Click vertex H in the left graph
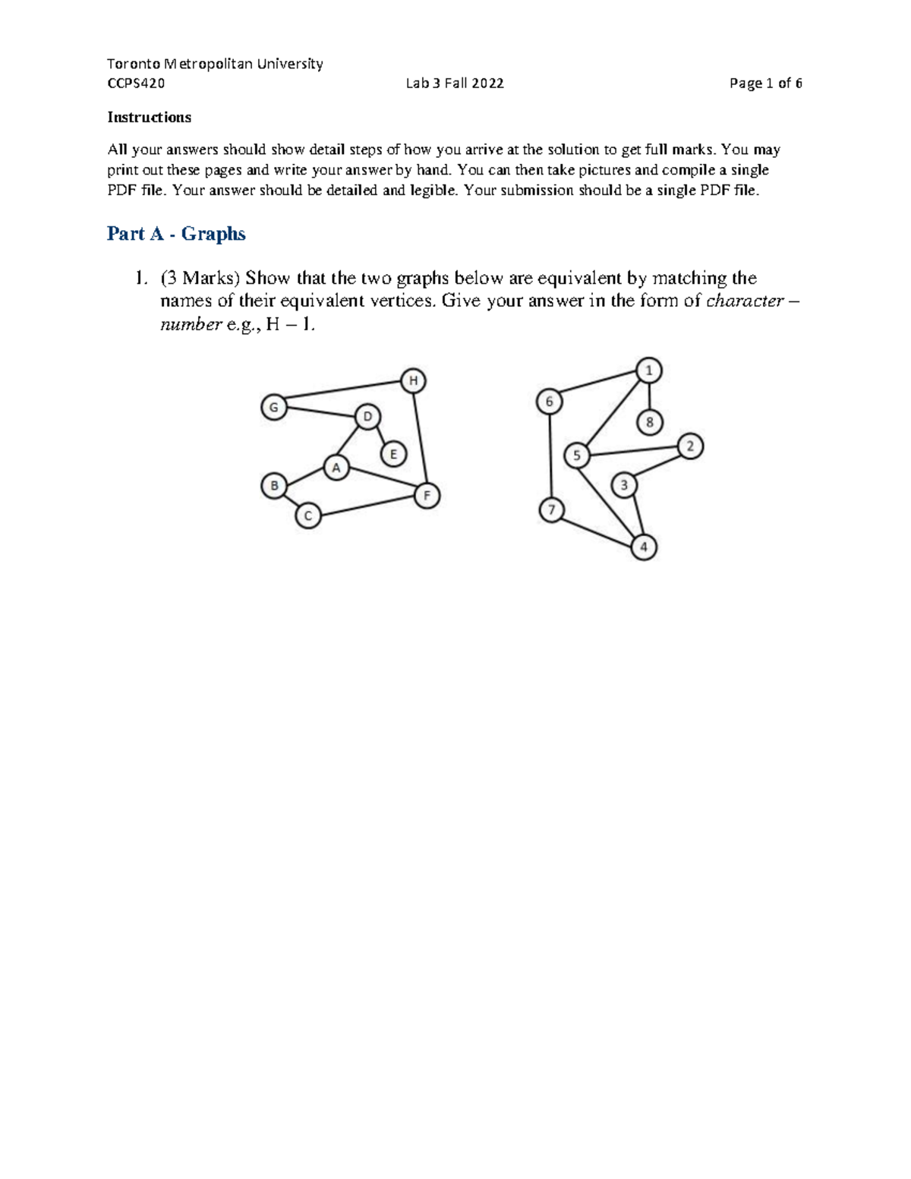[x=413, y=380]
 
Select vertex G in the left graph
[x=273, y=407]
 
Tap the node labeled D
[x=367, y=416]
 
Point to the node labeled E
[x=393, y=455]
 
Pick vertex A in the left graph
[x=336, y=468]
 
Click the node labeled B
[x=273, y=485]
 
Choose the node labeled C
[x=308, y=516]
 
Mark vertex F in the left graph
[x=427, y=496]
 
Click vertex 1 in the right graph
[x=648, y=370]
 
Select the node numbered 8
[x=649, y=421]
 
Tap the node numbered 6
[x=549, y=402]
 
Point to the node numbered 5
[x=577, y=456]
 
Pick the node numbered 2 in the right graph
[x=690, y=446]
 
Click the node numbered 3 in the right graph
[x=624, y=484]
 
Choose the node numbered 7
[x=552, y=509]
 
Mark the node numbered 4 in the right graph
[x=644, y=547]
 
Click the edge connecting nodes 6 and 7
[x=550, y=456]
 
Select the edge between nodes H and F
[x=421, y=438]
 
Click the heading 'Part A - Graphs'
[x=176, y=234]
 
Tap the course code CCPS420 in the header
[x=136, y=84]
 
